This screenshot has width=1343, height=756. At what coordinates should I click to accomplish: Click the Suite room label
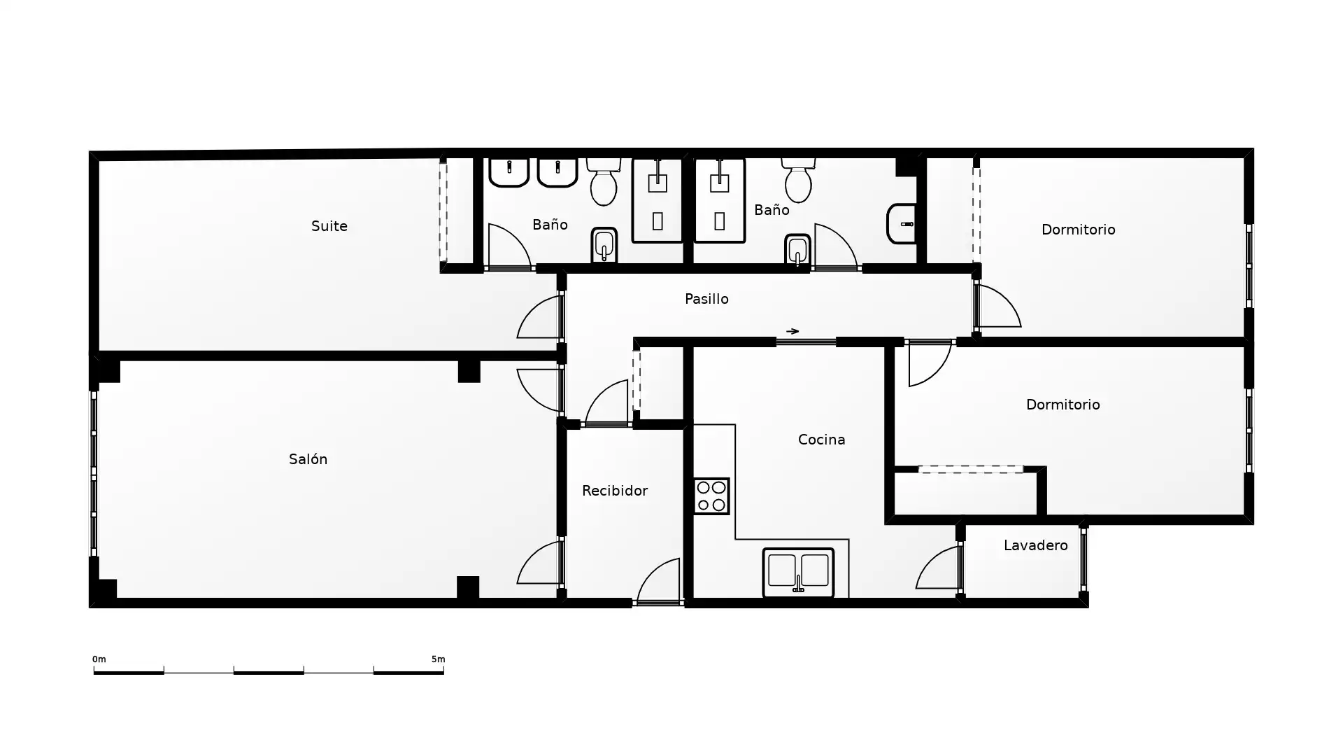coord(329,226)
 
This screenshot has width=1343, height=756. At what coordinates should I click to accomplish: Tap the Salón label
coord(308,459)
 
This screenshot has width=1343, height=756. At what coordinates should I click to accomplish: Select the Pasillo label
coord(706,299)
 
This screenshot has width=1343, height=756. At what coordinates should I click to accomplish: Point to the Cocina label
coord(821,440)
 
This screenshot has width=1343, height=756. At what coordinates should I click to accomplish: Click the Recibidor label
coord(615,491)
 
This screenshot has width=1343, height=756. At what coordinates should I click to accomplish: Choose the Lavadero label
coord(1035,545)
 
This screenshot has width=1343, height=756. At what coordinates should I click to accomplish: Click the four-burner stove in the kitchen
coord(711,496)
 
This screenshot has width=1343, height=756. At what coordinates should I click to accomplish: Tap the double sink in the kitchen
coord(798,573)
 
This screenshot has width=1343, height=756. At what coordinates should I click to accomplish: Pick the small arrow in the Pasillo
coord(793,331)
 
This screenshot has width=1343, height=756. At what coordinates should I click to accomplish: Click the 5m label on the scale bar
coord(438,659)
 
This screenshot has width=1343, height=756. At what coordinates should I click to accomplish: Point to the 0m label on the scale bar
coord(99,659)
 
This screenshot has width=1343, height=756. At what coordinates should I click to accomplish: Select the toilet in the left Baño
coord(604,181)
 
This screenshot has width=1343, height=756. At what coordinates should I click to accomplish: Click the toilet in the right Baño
coord(798,180)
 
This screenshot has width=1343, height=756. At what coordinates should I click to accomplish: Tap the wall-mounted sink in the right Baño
coord(902,224)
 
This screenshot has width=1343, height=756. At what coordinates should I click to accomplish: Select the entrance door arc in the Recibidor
coord(651,573)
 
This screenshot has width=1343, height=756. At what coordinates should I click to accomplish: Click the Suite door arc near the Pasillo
coord(532,311)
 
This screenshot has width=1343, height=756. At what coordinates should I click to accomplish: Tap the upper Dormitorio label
coord(1078,230)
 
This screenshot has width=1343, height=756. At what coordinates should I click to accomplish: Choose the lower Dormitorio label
coord(1063,405)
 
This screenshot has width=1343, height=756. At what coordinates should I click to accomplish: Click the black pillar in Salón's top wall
coord(469,371)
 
